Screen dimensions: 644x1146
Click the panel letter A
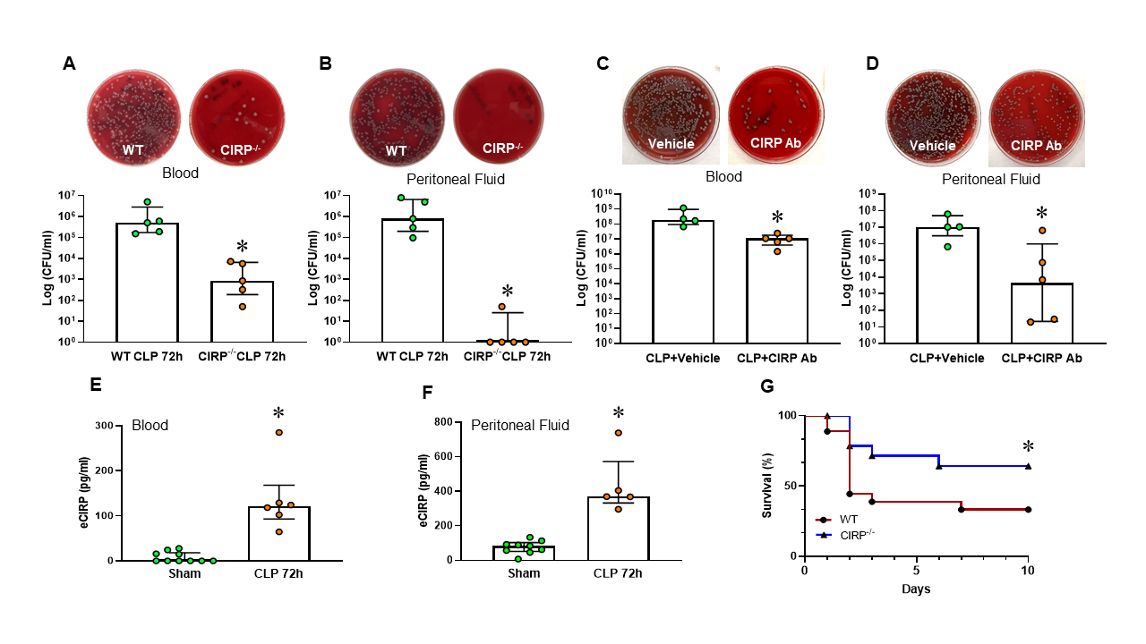click(x=68, y=64)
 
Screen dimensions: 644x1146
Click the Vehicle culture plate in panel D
click(x=932, y=120)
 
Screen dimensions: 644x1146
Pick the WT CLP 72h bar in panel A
click(x=148, y=282)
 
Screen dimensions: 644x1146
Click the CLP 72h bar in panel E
click(x=278, y=533)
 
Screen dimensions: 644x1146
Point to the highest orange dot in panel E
click(x=278, y=433)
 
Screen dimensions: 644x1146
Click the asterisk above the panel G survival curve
click(x=1028, y=447)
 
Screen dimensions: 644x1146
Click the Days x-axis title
click(x=916, y=589)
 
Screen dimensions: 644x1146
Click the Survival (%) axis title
click(x=766, y=487)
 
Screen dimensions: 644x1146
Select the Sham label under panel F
click(x=523, y=573)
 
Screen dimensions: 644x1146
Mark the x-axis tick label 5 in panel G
click(x=916, y=571)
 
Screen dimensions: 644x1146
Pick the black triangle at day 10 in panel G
click(x=1028, y=466)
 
